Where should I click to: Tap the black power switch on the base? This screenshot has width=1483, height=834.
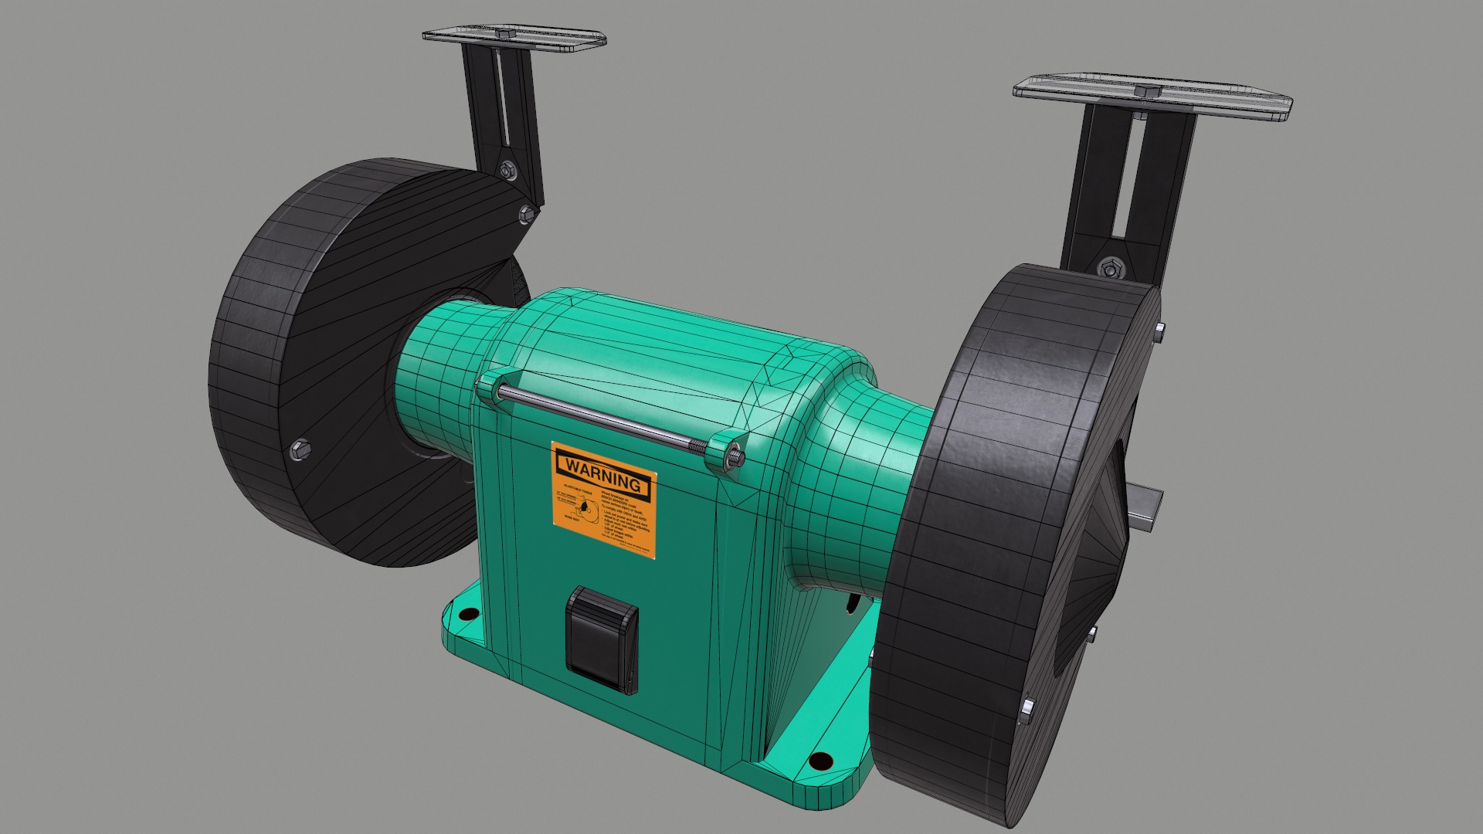[x=602, y=636]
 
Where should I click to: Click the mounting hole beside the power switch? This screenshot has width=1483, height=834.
[x=467, y=615]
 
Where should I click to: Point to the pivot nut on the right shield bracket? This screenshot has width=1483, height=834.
[x=1108, y=269]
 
